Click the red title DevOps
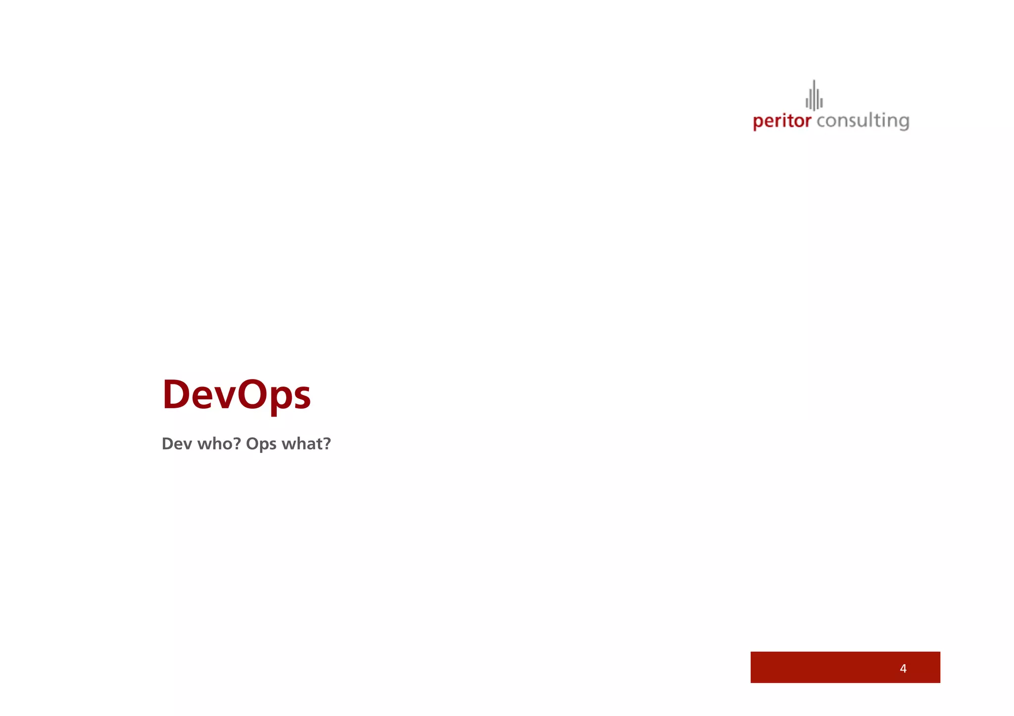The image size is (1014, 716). (x=236, y=395)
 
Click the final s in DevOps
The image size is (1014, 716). (x=301, y=399)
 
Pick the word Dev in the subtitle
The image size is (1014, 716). (x=177, y=444)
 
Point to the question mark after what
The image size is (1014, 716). (x=326, y=443)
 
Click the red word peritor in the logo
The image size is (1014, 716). (x=782, y=121)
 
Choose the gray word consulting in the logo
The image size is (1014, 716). (x=862, y=121)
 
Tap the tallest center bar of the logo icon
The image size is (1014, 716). (x=814, y=95)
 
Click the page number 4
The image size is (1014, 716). (x=903, y=668)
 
